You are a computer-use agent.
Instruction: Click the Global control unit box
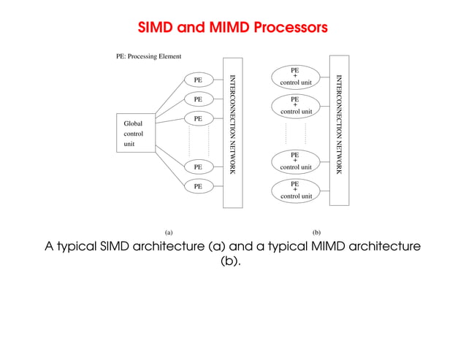tap(136, 134)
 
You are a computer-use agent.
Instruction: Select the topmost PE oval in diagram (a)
tap(198, 79)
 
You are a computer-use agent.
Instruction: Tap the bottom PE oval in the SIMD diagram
tap(198, 186)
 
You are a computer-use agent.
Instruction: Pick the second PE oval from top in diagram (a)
tap(198, 99)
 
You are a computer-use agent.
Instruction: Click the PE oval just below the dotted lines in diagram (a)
tap(198, 167)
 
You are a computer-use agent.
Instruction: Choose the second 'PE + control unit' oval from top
tap(296, 105)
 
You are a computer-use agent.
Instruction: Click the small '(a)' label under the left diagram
tap(168, 231)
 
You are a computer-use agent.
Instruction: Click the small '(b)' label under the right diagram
tap(316, 231)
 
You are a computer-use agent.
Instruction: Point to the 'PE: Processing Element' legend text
tap(149, 56)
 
